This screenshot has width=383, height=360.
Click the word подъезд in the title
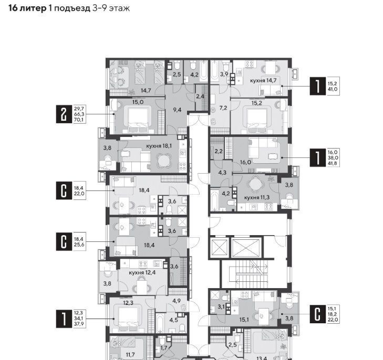[72, 8]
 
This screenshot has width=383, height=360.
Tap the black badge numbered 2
[64, 114]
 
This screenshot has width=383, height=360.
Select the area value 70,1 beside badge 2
[79, 120]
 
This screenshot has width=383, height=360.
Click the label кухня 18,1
[159, 146]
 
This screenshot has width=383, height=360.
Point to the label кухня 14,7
[263, 80]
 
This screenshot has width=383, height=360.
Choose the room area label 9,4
[177, 110]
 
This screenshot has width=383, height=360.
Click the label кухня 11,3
[257, 197]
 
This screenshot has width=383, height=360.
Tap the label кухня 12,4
[142, 272]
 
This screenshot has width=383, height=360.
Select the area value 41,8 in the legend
[333, 163]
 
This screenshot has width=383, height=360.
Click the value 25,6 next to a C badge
[79, 245]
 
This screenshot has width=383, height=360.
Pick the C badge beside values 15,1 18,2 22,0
[317, 314]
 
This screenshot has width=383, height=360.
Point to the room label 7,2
[223, 108]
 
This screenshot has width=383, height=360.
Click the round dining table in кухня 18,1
[163, 160]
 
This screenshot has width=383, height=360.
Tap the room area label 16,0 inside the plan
[245, 162]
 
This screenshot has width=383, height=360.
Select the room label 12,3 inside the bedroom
[128, 303]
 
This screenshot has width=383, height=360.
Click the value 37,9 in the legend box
[79, 324]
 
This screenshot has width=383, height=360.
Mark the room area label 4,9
[177, 301]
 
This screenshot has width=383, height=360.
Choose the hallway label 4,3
[222, 173]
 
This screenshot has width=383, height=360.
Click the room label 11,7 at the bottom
[130, 354]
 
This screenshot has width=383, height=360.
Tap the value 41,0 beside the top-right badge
[333, 89]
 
